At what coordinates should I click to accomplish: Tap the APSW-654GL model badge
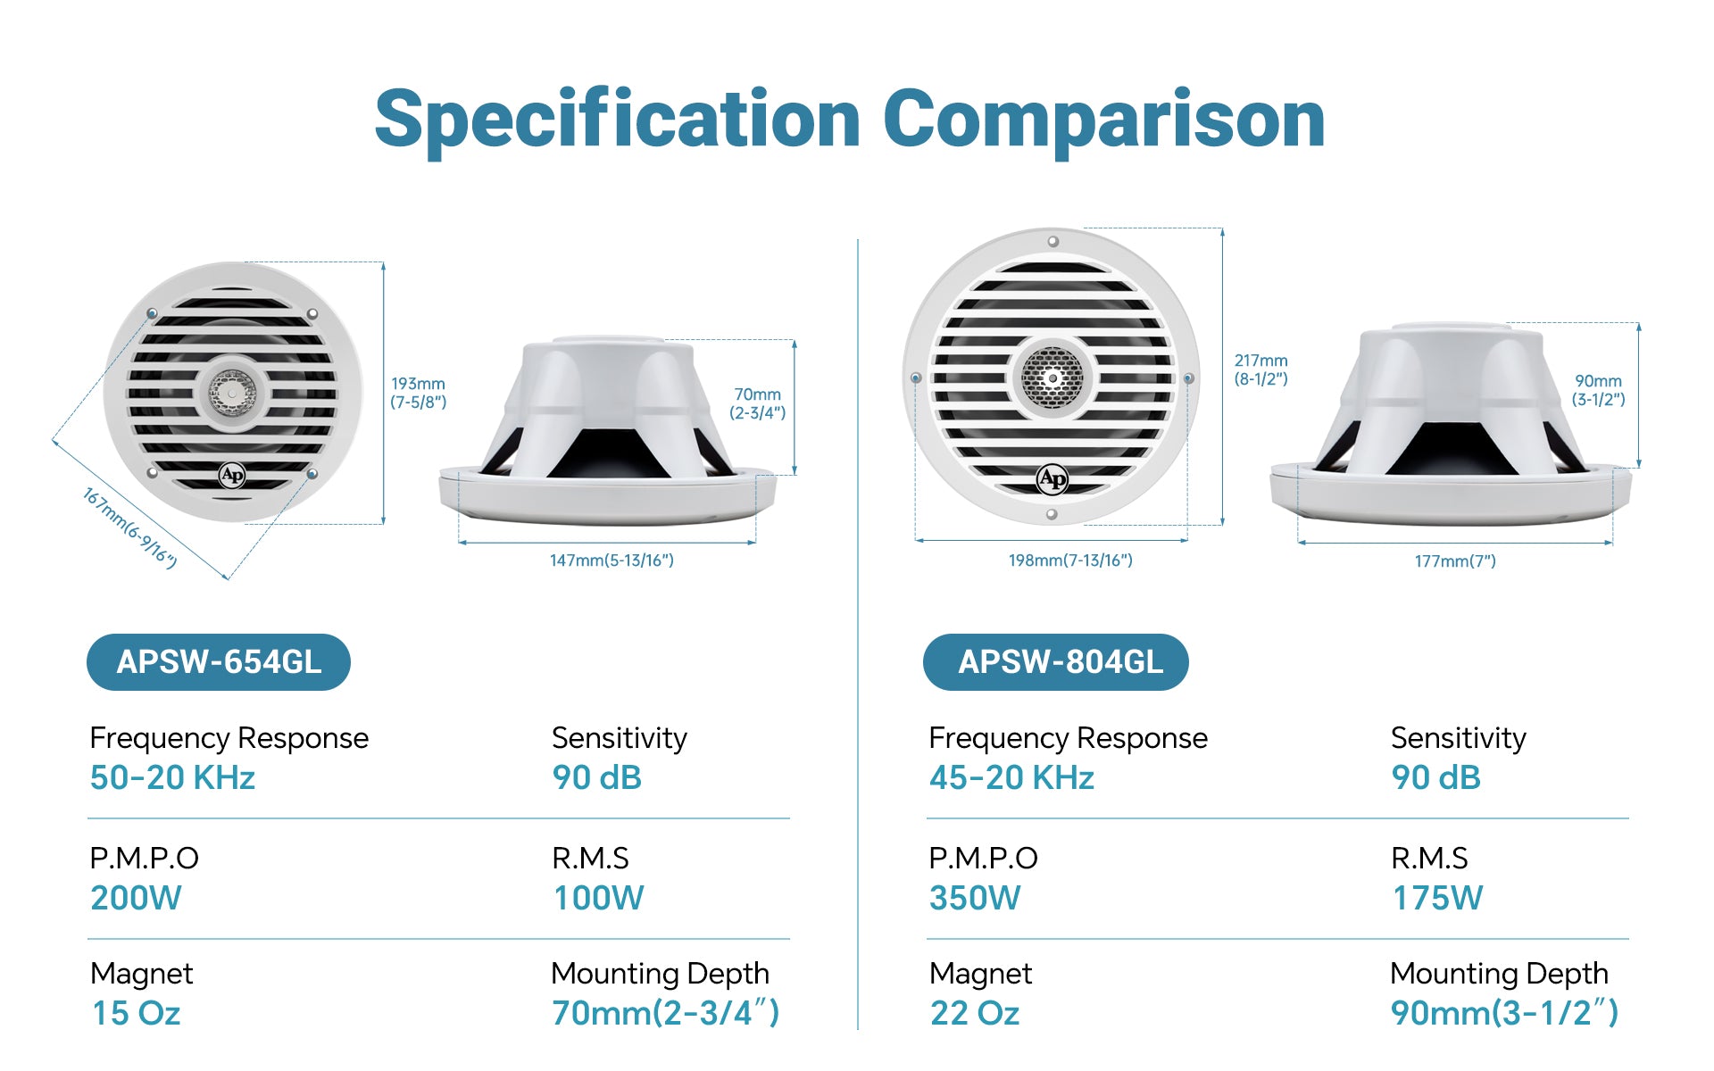click(219, 662)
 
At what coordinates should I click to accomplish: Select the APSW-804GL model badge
click(1056, 662)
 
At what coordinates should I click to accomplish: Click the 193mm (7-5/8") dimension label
click(418, 393)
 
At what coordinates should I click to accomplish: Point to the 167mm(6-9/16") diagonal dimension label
click(130, 527)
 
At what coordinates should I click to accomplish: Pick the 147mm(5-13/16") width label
click(612, 560)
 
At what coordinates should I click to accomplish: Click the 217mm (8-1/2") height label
click(1261, 369)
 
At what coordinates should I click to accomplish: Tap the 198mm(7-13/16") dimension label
click(1070, 560)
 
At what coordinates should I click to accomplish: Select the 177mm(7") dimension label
click(1455, 561)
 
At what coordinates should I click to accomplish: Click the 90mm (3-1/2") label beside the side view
click(1598, 390)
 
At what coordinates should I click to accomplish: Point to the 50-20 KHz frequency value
click(172, 777)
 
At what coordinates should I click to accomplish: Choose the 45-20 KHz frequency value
click(1011, 777)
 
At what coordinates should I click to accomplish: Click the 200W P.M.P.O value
click(136, 898)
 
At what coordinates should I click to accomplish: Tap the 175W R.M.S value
click(1437, 898)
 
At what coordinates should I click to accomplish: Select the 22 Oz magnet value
click(975, 1013)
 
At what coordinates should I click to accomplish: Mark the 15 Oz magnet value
click(137, 1013)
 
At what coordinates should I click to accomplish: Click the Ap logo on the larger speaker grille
click(1053, 479)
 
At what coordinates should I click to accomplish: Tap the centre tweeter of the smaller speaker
click(232, 393)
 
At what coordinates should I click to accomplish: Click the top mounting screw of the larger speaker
click(1053, 241)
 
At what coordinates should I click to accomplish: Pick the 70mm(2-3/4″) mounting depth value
click(666, 1013)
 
